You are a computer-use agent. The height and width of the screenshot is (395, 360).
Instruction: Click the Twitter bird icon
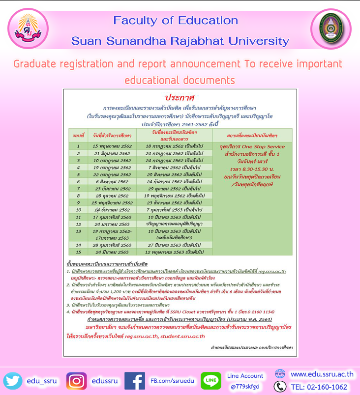coord(12,381)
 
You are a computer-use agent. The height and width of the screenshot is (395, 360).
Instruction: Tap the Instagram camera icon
coord(77,381)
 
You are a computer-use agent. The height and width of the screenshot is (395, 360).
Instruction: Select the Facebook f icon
coord(134,381)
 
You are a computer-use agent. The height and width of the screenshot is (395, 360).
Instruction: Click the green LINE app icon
coord(210,381)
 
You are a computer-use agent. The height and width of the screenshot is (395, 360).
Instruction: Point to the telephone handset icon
coord(280,387)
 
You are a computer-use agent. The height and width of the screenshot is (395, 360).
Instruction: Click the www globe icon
coord(280,374)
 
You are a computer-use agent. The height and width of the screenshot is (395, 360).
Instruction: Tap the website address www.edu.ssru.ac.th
coord(322,374)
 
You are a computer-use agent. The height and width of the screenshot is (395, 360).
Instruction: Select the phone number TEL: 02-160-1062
coord(319,387)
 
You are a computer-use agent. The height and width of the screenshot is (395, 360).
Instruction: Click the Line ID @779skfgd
coord(245,386)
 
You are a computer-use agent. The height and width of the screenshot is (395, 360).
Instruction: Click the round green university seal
coord(330,29)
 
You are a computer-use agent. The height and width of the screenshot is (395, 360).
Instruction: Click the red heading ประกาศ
coord(180,97)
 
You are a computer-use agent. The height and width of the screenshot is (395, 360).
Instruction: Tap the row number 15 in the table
coord(78,252)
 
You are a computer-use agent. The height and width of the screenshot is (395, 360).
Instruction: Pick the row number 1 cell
coord(78,146)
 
